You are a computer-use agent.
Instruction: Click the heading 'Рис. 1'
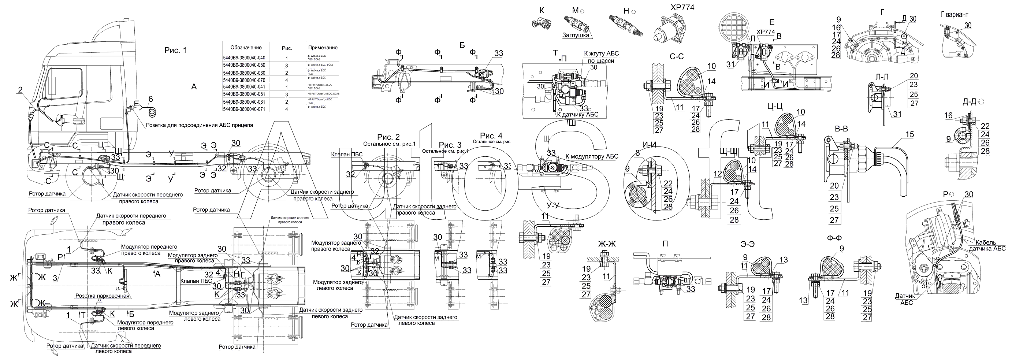pyautogui.click(x=175, y=50)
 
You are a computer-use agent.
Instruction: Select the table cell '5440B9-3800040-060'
pyautogui.click(x=244, y=73)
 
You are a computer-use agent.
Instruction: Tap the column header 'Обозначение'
pyautogui.click(x=244, y=47)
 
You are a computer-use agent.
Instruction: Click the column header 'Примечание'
pyautogui.click(x=323, y=47)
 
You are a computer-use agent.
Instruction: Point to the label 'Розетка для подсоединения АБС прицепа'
pyautogui.click(x=200, y=125)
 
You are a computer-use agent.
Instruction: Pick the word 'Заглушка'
pyautogui.click(x=576, y=36)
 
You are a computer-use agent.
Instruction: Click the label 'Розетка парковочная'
pyautogui.click(x=102, y=296)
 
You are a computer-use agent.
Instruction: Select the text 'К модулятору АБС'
pyautogui.click(x=592, y=156)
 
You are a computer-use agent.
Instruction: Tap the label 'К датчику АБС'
pyautogui.click(x=577, y=114)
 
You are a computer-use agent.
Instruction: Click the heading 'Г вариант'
pyautogui.click(x=954, y=15)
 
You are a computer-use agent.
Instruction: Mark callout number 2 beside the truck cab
pyautogui.click(x=20, y=90)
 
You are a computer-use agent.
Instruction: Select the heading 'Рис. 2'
pyautogui.click(x=388, y=137)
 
